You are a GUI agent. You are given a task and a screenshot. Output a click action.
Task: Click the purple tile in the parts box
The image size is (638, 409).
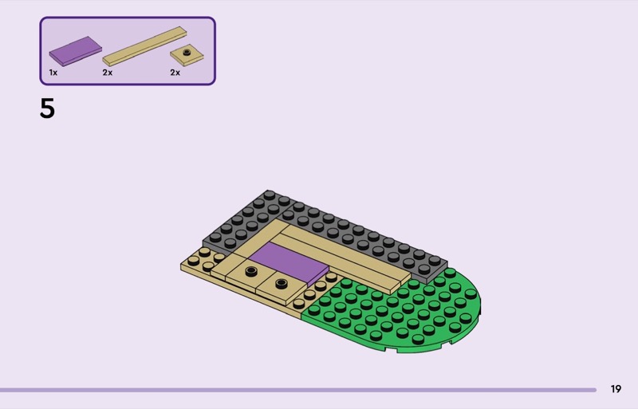tap(75, 51)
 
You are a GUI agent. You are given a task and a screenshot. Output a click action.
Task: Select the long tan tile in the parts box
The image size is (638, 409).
tap(144, 46)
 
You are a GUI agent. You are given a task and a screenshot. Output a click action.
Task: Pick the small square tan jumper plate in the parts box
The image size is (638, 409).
tap(187, 55)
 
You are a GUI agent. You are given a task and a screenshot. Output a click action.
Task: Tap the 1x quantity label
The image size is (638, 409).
tap(53, 73)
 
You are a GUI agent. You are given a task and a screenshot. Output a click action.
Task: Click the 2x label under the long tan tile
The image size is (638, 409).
tap(108, 73)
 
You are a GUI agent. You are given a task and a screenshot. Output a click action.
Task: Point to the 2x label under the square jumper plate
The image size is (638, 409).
tap(175, 73)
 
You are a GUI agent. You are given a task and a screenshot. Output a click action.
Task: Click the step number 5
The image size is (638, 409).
tap(47, 108)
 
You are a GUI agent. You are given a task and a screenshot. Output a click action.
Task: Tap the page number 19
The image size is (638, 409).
tap(616, 389)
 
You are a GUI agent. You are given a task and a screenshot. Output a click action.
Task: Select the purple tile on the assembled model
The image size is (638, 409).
tap(289, 263)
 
